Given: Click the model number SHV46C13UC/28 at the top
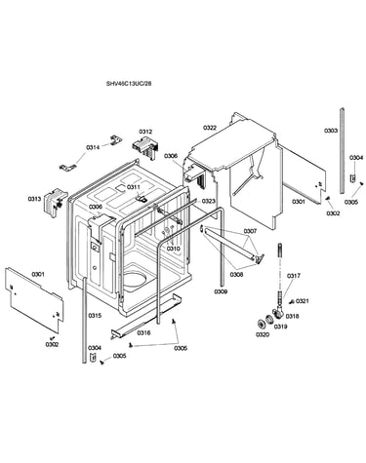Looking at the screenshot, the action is pos(129,84).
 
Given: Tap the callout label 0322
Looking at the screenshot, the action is pos(210,128).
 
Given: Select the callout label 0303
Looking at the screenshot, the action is pos(331,131).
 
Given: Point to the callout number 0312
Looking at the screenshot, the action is pos(145,132).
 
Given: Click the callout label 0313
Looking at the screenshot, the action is pos(34,199).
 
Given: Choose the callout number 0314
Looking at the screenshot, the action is pos(93,147).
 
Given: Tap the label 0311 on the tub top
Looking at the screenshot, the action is pos(134,187).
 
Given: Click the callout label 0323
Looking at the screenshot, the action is pos(208,201).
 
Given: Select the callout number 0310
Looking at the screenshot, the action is pos(174,249).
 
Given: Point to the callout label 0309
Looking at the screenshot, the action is pos(221,291).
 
